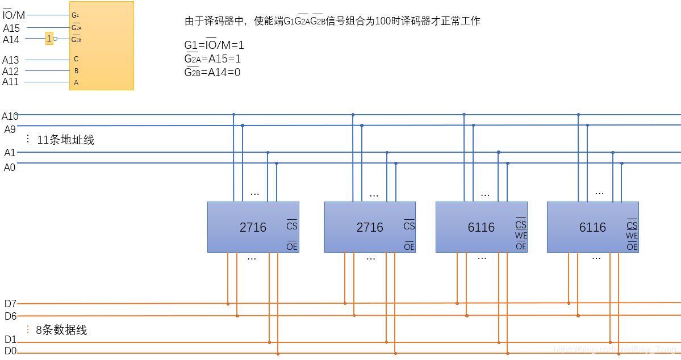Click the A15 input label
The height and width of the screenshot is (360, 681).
pos(11,28)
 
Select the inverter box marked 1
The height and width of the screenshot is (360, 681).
pos(49,39)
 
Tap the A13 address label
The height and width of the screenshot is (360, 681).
pos(11,60)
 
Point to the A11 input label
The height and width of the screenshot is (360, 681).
pos(11,82)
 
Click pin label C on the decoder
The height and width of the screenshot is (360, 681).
pos(76,59)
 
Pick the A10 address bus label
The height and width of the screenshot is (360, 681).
pos(10,116)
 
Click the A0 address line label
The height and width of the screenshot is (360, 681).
pos(10,167)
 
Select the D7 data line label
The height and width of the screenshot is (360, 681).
pos(10,303)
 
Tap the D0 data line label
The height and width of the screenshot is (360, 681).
pos(10,351)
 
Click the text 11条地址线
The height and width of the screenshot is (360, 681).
pos(66,140)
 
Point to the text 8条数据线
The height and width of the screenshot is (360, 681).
pos(62,330)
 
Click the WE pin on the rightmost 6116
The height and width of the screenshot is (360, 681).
pos(632,236)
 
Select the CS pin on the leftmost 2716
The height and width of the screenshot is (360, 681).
pos(292,225)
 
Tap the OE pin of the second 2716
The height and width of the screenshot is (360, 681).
pos(409,246)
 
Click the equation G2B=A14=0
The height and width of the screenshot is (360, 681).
pos(212,72)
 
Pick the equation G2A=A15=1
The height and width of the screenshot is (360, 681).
pos(213,58)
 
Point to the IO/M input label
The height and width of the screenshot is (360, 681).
pos(14,15)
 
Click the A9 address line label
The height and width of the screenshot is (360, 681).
pos(10,129)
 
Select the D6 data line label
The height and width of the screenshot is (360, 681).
pos(10,316)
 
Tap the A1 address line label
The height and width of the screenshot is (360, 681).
pos(10,153)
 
